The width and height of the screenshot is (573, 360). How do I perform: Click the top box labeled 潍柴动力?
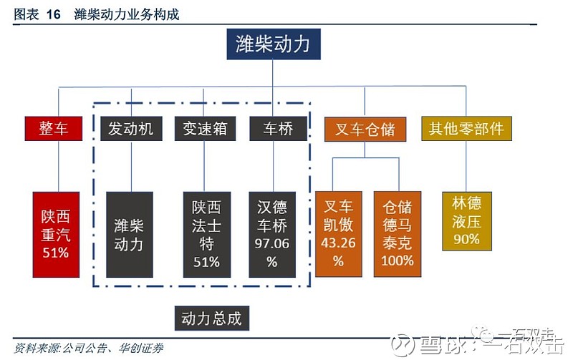(x=273, y=44)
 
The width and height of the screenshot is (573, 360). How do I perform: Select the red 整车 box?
(x=54, y=129)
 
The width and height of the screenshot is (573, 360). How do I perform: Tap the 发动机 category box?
(x=130, y=129)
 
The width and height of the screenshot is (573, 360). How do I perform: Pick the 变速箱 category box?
(x=205, y=129)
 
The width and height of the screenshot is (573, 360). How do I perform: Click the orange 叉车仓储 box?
(x=365, y=129)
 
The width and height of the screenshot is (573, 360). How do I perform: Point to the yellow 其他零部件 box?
(x=466, y=129)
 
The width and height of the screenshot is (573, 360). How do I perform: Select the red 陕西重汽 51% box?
(x=55, y=234)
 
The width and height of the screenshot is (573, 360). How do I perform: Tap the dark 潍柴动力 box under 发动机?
(x=130, y=234)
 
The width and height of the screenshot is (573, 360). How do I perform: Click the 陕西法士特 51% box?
(x=206, y=234)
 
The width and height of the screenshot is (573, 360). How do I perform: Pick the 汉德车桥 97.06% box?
(x=272, y=234)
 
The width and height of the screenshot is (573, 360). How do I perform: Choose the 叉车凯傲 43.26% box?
(x=339, y=234)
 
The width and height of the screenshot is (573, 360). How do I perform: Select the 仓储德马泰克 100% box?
(x=398, y=234)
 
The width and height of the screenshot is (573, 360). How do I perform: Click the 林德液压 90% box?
(x=466, y=221)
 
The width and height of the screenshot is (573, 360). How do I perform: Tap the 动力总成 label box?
(x=211, y=318)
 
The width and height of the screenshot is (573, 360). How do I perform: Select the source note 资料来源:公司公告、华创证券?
(x=89, y=349)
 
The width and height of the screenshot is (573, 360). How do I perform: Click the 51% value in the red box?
(x=55, y=253)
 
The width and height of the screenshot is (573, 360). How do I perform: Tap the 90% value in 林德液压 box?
(x=466, y=239)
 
